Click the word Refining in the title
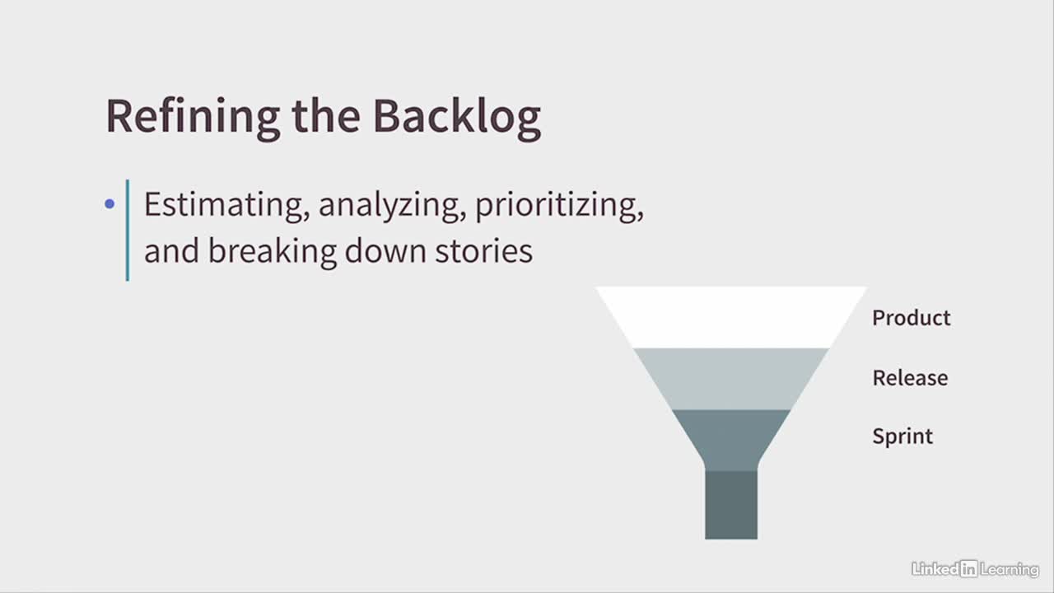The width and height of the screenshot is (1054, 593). click(x=193, y=118)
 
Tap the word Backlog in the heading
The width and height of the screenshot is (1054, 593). click(x=457, y=118)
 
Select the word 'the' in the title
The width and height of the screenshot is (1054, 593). click(x=326, y=115)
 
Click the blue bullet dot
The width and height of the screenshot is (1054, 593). click(x=110, y=203)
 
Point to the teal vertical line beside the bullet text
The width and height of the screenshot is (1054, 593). click(x=128, y=230)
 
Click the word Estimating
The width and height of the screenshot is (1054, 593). click(x=226, y=206)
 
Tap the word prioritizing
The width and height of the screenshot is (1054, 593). click(x=559, y=207)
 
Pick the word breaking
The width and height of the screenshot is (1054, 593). click(x=273, y=252)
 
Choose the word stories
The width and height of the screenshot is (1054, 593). click(x=483, y=252)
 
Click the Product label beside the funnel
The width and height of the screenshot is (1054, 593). click(x=912, y=318)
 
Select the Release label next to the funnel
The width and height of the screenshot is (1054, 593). click(x=910, y=377)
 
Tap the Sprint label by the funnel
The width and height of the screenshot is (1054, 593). click(x=902, y=437)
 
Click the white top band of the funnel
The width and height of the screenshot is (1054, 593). click(x=730, y=317)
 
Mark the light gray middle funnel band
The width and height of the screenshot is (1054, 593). click(x=730, y=379)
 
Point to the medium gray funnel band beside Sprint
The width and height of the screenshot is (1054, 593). click(x=730, y=440)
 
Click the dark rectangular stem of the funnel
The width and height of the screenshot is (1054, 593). click(x=731, y=505)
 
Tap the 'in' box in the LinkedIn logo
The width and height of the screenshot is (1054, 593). click(x=969, y=569)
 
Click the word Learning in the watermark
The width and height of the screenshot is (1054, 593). click(x=1010, y=570)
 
